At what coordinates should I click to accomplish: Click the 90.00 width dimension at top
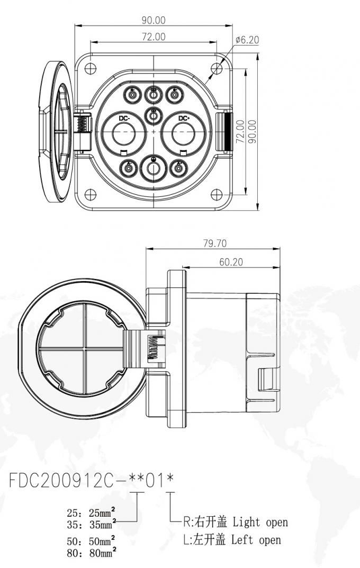click(x=154, y=21)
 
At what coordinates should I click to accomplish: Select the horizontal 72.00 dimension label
click(x=154, y=37)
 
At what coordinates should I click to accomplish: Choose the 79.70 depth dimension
click(x=214, y=244)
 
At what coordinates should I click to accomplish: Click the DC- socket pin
click(x=124, y=130)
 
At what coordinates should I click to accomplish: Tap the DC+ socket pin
click(x=183, y=130)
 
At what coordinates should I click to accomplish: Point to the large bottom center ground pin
click(x=154, y=168)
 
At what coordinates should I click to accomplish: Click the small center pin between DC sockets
click(x=154, y=114)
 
